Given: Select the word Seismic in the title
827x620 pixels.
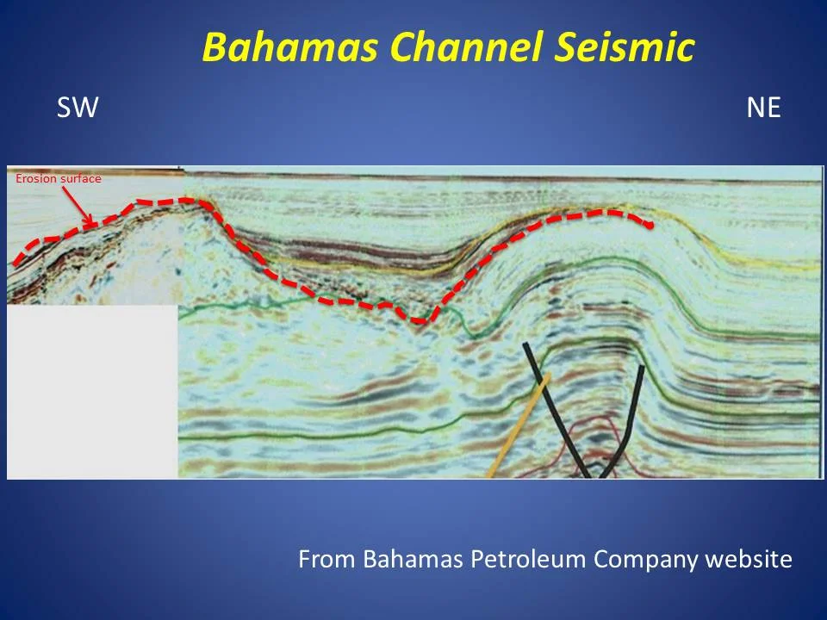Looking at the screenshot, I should pos(621,48).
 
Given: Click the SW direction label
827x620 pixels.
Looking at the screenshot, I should pos(78,108).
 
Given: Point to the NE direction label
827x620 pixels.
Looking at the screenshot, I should pos(763,108).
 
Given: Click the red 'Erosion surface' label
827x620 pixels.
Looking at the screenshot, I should pos(59,179).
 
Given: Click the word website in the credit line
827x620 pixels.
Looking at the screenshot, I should pos(748,560).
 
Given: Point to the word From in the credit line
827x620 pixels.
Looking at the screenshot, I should pos(327,560).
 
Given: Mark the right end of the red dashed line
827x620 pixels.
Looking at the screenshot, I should pos(650,226).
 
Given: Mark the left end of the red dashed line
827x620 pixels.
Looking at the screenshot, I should pos(16,263).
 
